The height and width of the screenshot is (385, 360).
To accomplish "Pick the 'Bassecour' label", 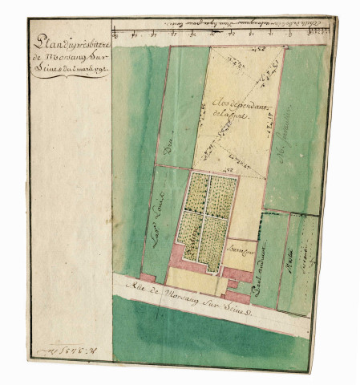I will (x=238, y=251).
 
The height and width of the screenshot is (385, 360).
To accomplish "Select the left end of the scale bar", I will (x=118, y=34).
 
